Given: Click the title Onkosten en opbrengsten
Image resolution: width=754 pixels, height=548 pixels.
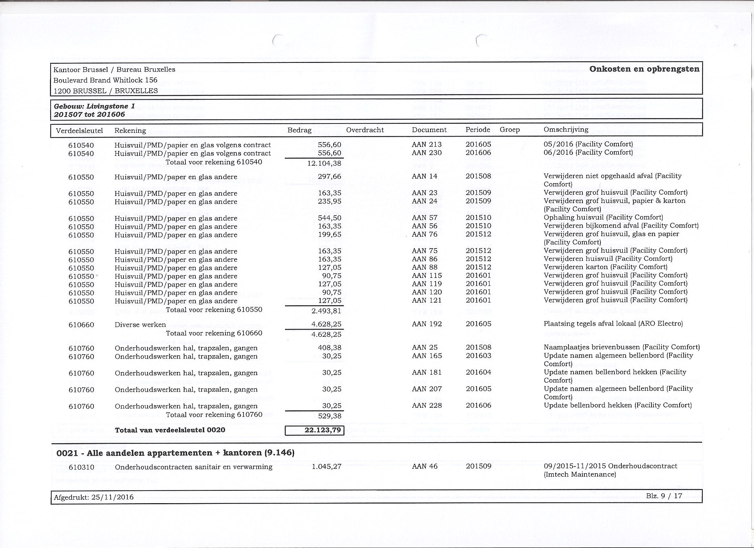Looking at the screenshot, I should [x=644, y=69].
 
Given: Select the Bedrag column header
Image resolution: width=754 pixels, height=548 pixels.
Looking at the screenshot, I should [x=299, y=130].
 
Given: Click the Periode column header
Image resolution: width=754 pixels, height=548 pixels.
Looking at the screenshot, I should [x=478, y=130].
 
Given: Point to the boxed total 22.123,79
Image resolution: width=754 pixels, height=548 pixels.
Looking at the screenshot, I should [x=314, y=430].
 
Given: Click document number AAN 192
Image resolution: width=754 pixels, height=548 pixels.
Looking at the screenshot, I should [x=427, y=324].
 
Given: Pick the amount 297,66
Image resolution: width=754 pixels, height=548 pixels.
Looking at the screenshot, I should [x=329, y=177].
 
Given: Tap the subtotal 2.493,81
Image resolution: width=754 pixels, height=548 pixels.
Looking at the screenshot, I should [x=326, y=311].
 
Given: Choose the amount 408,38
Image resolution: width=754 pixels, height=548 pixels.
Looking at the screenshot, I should [x=330, y=348].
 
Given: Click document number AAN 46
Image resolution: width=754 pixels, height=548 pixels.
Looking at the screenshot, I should [x=424, y=466].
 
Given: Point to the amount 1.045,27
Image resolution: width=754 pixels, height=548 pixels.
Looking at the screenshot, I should [x=326, y=467].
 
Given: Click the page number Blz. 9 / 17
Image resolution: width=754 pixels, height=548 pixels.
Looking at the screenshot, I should [x=664, y=496].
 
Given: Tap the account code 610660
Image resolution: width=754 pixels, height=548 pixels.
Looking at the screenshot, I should [x=81, y=325].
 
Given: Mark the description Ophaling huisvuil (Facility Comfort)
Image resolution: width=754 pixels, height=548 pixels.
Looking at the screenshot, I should [x=603, y=218].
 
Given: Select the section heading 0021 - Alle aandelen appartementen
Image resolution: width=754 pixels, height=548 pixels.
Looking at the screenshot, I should [x=175, y=453].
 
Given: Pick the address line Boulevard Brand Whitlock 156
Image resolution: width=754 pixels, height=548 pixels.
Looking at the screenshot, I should [x=105, y=80].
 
